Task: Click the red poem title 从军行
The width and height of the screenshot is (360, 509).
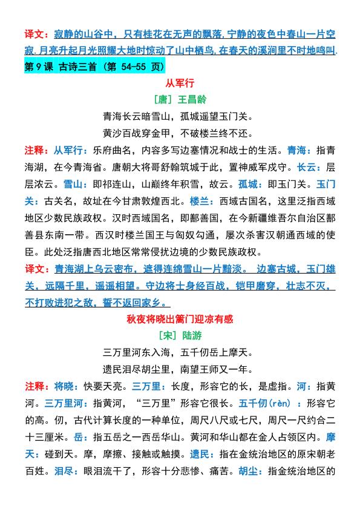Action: point(180,82)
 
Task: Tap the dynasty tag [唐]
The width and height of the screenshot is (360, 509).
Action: point(163,98)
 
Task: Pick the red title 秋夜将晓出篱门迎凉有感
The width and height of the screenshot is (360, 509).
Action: point(180,318)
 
